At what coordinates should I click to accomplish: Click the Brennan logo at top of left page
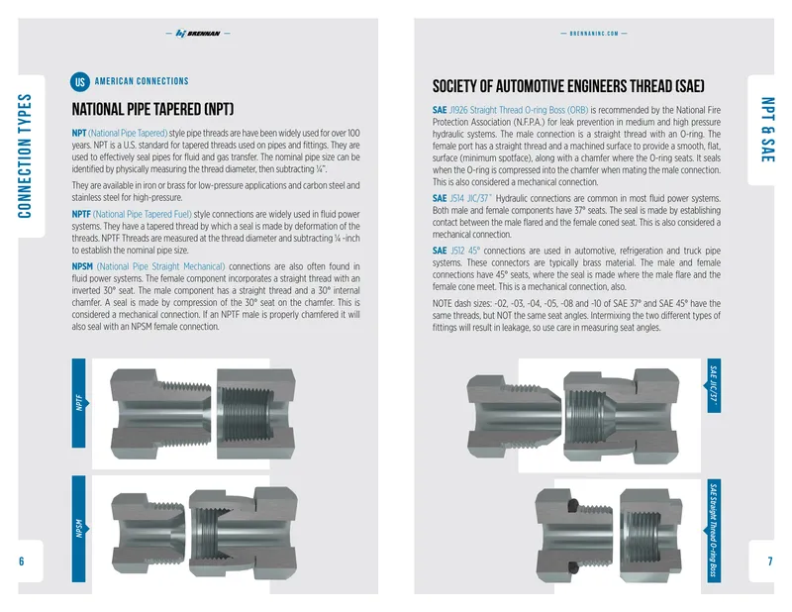point(198,34)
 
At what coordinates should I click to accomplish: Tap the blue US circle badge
point(80,82)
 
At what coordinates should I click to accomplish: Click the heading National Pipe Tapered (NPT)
point(152,109)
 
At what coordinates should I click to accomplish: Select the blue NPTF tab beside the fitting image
point(79,403)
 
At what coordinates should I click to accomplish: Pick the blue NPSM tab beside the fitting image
point(79,529)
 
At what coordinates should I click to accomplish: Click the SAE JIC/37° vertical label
point(713,385)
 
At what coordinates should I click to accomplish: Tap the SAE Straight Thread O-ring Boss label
point(713,531)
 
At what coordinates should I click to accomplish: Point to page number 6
point(21,561)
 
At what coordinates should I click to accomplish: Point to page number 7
point(770,561)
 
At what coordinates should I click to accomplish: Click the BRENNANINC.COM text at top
point(594,34)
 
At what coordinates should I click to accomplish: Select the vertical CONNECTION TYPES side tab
point(25,156)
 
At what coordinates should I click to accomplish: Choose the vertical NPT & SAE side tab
point(768,130)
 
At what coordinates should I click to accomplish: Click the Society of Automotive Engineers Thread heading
point(568,86)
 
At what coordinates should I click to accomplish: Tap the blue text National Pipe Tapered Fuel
point(143,214)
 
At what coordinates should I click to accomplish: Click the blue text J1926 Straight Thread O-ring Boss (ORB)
point(519,110)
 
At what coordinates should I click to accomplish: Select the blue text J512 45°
point(465,251)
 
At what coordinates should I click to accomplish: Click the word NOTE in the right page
point(443,304)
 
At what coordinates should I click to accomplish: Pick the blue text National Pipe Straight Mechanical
point(161,266)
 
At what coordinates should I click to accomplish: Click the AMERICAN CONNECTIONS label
point(142,81)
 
